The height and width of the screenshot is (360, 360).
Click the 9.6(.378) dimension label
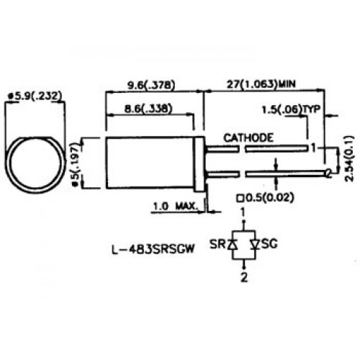[x=151, y=85]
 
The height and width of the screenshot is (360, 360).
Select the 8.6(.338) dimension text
[x=148, y=109]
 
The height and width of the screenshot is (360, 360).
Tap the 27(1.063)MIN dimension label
[x=261, y=84]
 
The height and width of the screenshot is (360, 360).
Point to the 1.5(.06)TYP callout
[x=291, y=109]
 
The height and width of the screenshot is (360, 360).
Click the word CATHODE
[x=248, y=138]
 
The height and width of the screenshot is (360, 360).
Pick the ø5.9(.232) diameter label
[x=35, y=96]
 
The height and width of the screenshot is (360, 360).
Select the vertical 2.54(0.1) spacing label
[x=349, y=158]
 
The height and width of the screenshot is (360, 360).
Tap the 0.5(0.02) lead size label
[x=265, y=198]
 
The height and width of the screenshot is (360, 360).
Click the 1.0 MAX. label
[x=175, y=206]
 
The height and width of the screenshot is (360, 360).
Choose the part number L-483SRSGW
[x=153, y=249]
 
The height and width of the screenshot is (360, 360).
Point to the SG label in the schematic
[x=269, y=244]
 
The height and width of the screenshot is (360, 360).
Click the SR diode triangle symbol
[x=233, y=245]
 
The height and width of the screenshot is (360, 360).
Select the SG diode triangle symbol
[x=255, y=245]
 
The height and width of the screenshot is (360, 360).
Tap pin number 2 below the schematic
[x=244, y=278]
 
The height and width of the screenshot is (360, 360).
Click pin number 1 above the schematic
[x=243, y=212]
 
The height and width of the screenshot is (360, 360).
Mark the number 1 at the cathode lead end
[x=313, y=148]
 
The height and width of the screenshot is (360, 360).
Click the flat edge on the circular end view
[x=35, y=138]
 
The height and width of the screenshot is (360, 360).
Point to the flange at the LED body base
[x=199, y=164]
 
